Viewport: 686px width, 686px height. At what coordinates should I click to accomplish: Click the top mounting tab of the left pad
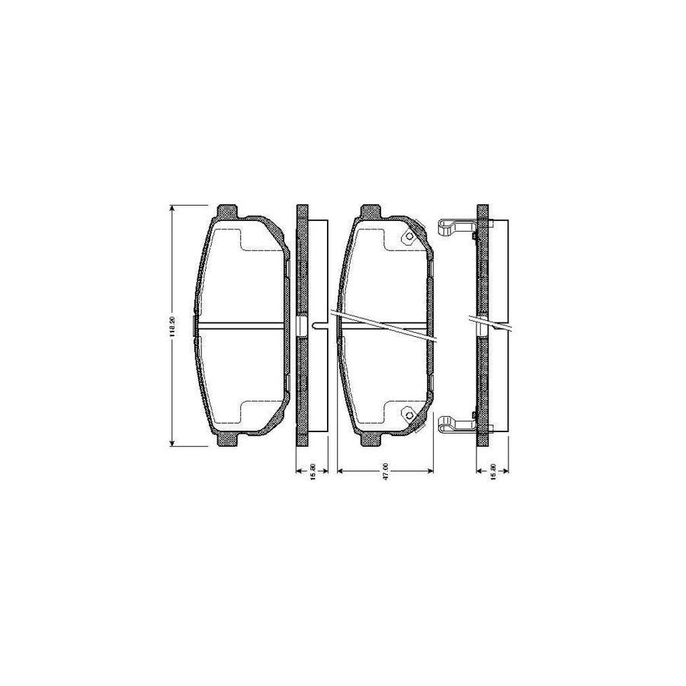coord(227,210)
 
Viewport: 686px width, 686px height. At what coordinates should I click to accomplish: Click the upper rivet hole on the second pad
coord(408,237)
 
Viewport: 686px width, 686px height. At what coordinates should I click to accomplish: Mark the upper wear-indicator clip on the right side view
coord(455,226)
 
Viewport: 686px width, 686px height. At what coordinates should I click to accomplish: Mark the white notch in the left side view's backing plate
coord(302,325)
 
